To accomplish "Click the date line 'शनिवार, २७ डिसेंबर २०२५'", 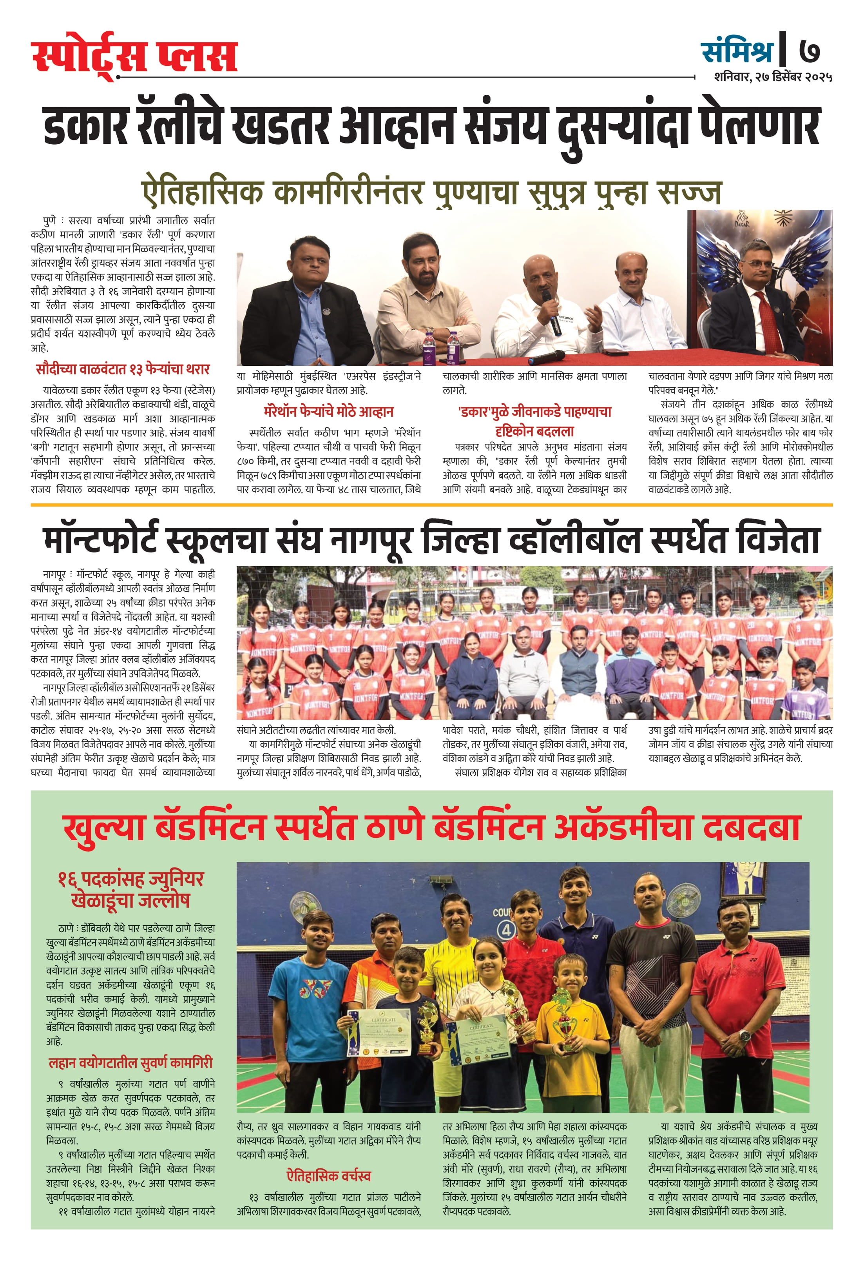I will pyautogui.click(x=773, y=77).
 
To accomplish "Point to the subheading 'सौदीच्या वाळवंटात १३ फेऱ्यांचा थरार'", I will pyautogui.click(x=123, y=370).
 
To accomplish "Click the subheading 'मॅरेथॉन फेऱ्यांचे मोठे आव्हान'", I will pyautogui.click(x=328, y=412).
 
